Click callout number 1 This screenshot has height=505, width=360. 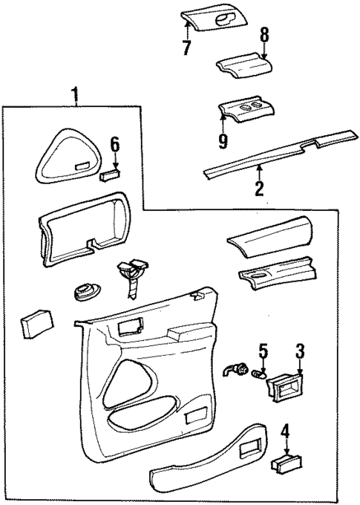point(74,94)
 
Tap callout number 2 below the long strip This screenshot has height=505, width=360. point(258,189)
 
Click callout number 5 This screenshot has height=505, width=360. point(262,350)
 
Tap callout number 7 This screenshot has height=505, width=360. point(186,49)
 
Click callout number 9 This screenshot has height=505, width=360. point(223,137)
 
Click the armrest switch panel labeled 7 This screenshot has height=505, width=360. point(212,19)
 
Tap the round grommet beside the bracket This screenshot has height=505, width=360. point(87,292)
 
